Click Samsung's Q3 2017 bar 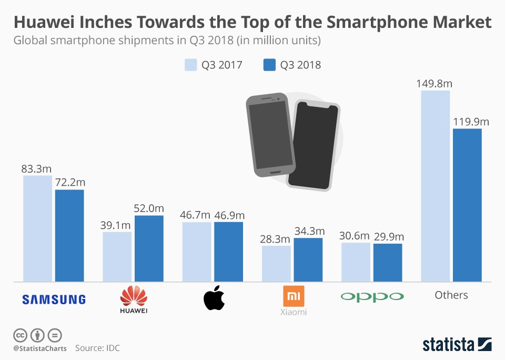[37, 228]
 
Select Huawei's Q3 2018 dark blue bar [149, 248]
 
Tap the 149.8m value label [435, 83]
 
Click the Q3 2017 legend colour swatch [190, 65]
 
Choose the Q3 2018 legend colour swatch [269, 65]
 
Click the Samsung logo [54, 299]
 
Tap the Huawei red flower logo [134, 296]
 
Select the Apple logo [214, 298]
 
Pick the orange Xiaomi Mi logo [294, 296]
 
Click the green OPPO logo [372, 296]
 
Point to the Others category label [451, 295]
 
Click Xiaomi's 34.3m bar [308, 259]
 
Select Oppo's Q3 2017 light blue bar [356, 262]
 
